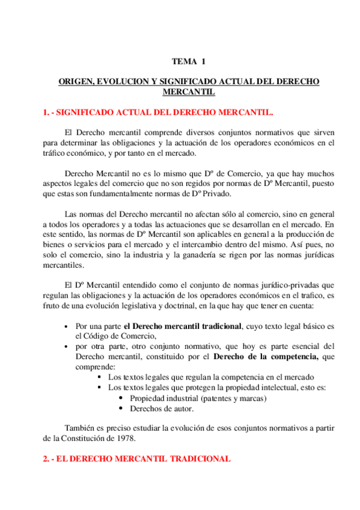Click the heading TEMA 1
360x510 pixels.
click(188, 61)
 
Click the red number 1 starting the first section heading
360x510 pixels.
click(46, 112)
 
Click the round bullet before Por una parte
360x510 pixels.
click(66, 326)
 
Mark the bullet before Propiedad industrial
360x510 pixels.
click(121, 398)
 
